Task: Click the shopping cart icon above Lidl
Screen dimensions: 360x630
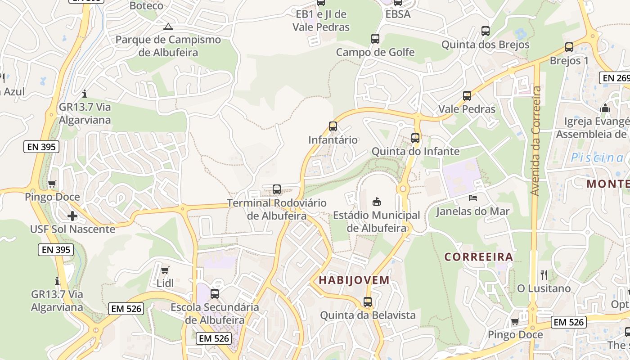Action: pyautogui.click(x=165, y=270)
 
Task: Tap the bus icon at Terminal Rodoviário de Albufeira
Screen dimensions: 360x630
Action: pyautogui.click(x=277, y=189)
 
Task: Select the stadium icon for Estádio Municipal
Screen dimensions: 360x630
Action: pyautogui.click(x=376, y=202)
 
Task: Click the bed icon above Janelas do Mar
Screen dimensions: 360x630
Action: pyautogui.click(x=472, y=198)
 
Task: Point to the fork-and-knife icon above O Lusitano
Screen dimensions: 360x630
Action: pyautogui.click(x=544, y=274)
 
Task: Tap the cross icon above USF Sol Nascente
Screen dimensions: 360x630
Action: pyautogui.click(x=72, y=216)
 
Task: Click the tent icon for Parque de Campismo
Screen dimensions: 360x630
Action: pyautogui.click(x=168, y=27)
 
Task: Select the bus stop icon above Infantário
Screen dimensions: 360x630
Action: pyautogui.click(x=333, y=126)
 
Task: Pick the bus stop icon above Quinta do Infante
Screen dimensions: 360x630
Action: pyautogui.click(x=415, y=138)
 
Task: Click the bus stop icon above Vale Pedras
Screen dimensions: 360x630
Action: pyautogui.click(x=467, y=96)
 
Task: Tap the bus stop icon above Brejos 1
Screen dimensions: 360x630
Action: pyautogui.click(x=569, y=47)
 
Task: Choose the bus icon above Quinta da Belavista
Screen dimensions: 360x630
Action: pyautogui.click(x=368, y=302)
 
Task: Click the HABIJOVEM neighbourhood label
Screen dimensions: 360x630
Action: pyautogui.click(x=354, y=280)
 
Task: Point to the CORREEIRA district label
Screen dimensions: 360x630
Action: pyautogui.click(x=479, y=257)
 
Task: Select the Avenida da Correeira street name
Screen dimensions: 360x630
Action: pyautogui.click(x=535, y=141)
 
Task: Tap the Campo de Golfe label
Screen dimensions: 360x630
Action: pyautogui.click(x=375, y=52)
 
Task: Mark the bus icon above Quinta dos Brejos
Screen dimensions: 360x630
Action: pyautogui.click(x=486, y=31)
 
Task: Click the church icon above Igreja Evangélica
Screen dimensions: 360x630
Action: pyautogui.click(x=605, y=108)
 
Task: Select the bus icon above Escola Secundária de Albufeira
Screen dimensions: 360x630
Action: pyautogui.click(x=215, y=294)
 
